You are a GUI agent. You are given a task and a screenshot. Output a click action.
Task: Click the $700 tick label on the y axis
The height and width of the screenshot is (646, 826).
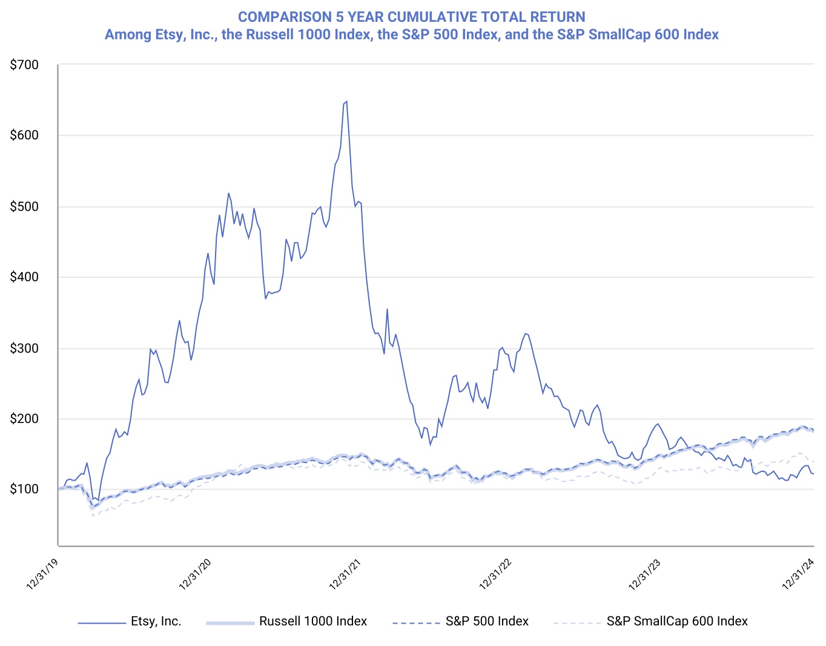[24, 65]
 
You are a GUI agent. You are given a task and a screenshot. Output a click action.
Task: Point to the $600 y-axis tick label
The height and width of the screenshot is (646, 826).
[24, 136]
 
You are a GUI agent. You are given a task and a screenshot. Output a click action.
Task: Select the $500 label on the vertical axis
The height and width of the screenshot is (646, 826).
[24, 207]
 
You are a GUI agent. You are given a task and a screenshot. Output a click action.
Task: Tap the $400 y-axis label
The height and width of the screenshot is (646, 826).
[24, 278]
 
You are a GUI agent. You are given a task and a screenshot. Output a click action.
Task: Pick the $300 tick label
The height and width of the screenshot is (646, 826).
[24, 348]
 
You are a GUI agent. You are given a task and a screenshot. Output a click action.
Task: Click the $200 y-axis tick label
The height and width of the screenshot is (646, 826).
[24, 419]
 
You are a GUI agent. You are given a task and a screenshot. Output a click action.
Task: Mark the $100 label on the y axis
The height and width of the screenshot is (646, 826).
[24, 489]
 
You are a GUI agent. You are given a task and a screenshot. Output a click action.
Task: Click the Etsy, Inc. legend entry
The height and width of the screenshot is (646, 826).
[156, 622]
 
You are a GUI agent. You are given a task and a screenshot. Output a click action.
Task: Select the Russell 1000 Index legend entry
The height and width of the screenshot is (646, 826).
[312, 622]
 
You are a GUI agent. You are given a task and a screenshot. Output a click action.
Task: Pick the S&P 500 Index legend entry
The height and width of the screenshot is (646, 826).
[487, 622]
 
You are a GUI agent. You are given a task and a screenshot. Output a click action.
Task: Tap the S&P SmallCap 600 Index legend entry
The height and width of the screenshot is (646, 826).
[676, 622]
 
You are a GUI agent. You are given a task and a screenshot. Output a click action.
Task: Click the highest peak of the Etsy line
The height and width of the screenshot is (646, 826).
[346, 102]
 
